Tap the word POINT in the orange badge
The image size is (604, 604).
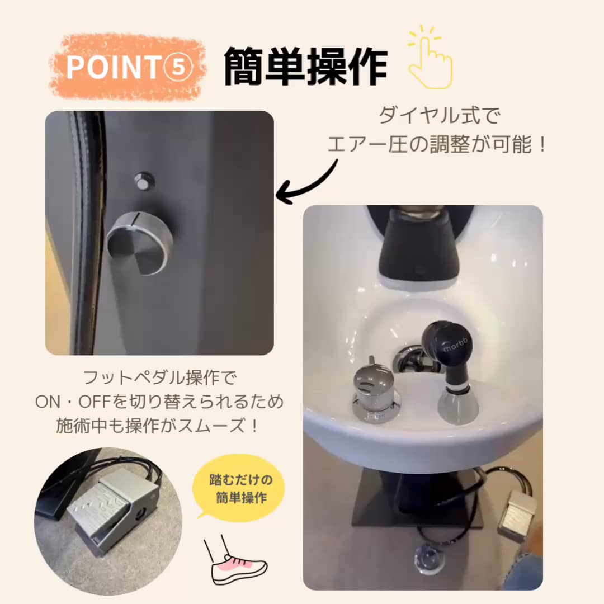[114, 67]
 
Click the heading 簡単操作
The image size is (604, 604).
[305, 67]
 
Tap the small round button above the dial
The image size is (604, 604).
[144, 181]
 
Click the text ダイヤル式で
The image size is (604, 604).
[440, 115]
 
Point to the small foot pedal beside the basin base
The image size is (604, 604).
[516, 513]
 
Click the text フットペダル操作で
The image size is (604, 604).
[160, 378]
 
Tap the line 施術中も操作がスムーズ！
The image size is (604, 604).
[158, 426]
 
